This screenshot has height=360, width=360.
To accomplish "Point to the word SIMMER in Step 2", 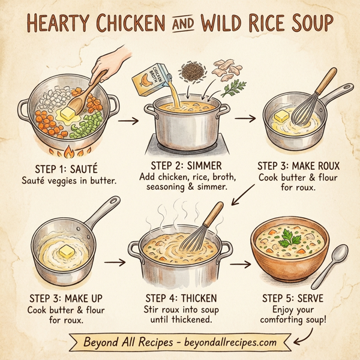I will (203, 166).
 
